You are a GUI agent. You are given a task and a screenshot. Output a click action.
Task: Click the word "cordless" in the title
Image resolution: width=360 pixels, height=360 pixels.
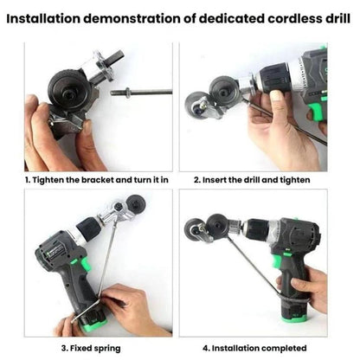pos(294,18)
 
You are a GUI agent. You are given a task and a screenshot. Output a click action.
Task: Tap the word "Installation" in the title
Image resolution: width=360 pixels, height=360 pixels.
pos(43,18)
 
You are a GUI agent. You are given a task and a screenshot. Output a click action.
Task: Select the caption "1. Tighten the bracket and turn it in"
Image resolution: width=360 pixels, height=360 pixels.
pos(97,180)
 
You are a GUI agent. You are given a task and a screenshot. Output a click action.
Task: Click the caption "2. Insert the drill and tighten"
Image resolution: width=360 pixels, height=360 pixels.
pos(252,180)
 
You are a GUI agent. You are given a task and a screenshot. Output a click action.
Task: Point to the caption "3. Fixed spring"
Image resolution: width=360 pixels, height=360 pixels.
pos(91,348)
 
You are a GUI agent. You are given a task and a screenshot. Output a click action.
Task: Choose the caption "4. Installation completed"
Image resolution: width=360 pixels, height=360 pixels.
pos(254,348)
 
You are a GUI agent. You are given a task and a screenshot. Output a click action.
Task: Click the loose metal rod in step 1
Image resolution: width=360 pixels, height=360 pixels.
pos(141,93)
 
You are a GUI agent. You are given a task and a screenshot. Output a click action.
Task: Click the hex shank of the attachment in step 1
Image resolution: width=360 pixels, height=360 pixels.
pos(116,58)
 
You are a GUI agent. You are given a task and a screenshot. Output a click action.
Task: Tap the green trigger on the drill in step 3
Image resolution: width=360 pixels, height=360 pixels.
pos(85,264)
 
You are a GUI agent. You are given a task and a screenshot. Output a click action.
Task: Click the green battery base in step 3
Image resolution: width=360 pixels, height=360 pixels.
pos(94,325)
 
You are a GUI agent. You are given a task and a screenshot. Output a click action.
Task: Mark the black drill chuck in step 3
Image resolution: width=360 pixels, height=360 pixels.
pos(87,229)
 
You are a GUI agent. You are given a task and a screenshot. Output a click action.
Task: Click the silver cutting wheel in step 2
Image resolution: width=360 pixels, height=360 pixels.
pos(195,106)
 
